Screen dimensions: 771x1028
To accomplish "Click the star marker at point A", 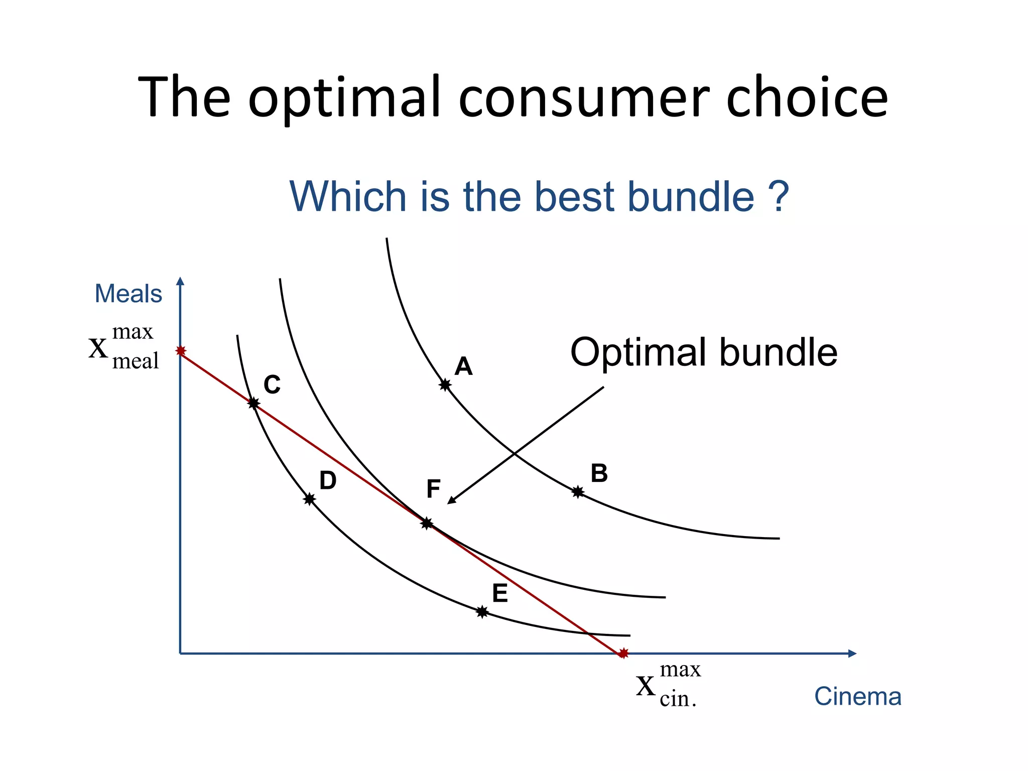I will coord(445,385).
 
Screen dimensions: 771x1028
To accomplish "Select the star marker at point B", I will coord(578,492).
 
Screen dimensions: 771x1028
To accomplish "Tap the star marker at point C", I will coord(253,403).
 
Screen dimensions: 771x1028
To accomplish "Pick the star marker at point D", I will coord(309,499).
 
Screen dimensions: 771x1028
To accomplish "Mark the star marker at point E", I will coord(482,612).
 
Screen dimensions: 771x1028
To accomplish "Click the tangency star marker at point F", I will coord(427,524).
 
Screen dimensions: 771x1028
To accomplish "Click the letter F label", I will coord(433,489).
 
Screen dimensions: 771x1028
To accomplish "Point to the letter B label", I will coord(599,473).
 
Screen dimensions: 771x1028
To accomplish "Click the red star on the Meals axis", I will coord(181,351).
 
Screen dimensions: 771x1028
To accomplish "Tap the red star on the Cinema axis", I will coord(623,653).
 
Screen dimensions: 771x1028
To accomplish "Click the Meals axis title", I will coord(128,294).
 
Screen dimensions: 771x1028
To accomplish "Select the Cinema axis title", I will coord(857,697).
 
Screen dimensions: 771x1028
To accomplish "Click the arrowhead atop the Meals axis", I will coord(181,281).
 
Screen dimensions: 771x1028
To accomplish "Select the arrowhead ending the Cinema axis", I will coord(852,654).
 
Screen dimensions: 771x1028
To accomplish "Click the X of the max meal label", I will coord(98,348).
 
